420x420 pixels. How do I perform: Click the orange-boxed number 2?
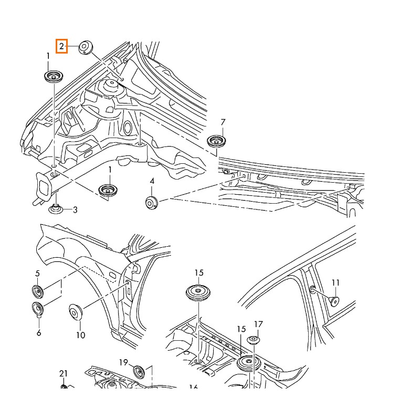pyautogui.click(x=62, y=47)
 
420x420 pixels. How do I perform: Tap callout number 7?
pyautogui.click(x=223, y=122)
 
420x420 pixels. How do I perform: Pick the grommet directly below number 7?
pyautogui.click(x=215, y=141)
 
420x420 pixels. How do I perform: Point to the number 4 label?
pyautogui.click(x=152, y=181)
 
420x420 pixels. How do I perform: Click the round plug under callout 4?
pyautogui.click(x=152, y=202)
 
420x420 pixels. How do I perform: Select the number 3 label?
pyautogui.click(x=75, y=211)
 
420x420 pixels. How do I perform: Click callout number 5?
pyautogui.click(x=38, y=273)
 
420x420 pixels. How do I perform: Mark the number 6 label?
pyautogui.click(x=38, y=332)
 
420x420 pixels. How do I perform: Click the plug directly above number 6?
pyautogui.click(x=38, y=310)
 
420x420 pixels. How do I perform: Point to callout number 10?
pyautogui.click(x=80, y=334)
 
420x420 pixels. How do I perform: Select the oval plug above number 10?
pyautogui.click(x=77, y=312)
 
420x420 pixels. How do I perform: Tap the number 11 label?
pyautogui.click(x=336, y=283)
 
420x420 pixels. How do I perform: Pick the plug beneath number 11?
pyautogui.click(x=333, y=300)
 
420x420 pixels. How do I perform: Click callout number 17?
pyautogui.click(x=258, y=324)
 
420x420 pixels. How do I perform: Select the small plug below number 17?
pyautogui.click(x=253, y=340)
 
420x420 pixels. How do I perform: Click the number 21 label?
pyautogui.click(x=64, y=374)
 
